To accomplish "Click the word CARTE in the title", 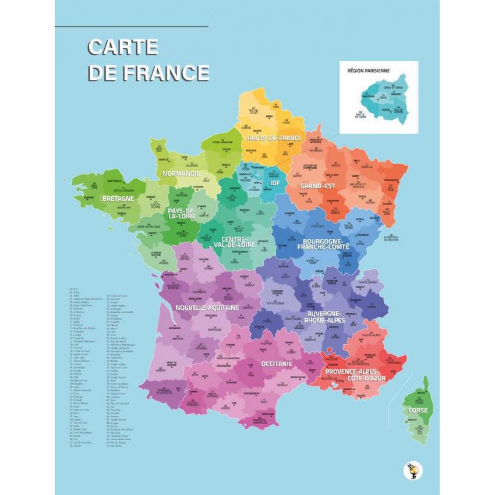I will [x=123, y=47].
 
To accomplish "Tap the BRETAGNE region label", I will [x=118, y=199].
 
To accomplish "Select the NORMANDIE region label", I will [x=182, y=174].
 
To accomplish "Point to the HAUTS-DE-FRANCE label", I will [x=274, y=139].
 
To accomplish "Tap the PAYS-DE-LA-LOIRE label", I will [x=181, y=214].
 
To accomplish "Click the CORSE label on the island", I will [x=418, y=411].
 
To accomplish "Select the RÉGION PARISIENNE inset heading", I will [x=369, y=70].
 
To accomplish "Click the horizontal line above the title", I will [x=131, y=27].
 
